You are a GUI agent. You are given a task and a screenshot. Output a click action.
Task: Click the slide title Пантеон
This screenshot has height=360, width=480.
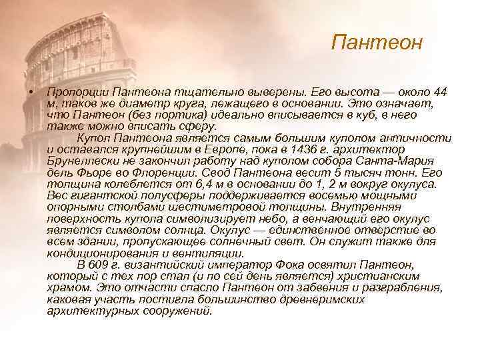(377, 43)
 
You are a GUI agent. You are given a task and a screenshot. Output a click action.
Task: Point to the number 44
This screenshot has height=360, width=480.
(439, 92)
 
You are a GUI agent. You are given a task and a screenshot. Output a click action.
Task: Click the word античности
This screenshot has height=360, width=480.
(414, 138)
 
